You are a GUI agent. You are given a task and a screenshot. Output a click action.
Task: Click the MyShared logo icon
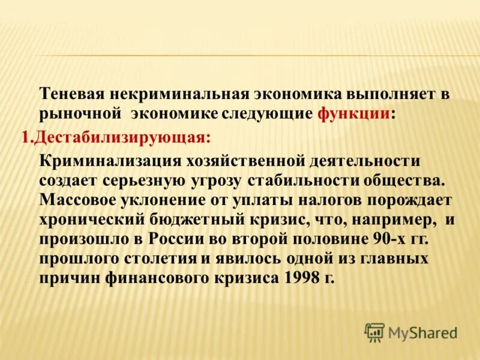374,332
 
